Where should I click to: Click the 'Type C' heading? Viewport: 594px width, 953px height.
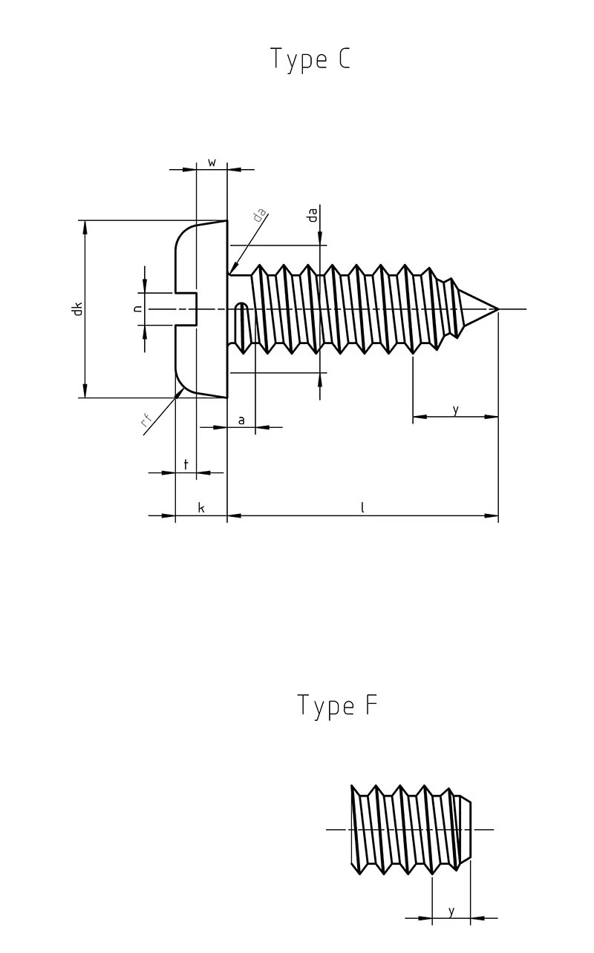310,59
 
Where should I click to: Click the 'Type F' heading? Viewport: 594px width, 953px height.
337,705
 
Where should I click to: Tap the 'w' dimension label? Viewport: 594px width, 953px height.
212,162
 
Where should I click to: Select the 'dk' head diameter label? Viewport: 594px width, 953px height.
76,309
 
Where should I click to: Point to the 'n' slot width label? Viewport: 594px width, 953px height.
137,309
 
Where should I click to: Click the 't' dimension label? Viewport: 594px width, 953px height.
186,464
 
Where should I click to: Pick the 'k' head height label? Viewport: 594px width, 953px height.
200,508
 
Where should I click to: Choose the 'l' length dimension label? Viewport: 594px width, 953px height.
362,508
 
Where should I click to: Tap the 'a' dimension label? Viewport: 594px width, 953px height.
241,420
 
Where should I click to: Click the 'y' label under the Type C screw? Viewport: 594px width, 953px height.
455,409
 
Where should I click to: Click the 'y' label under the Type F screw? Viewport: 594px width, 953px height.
451,911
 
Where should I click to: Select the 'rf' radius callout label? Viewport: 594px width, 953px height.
147,423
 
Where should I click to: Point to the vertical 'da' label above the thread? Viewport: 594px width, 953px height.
313,214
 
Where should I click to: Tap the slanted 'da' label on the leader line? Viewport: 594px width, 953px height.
258,216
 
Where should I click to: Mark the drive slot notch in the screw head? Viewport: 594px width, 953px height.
186,309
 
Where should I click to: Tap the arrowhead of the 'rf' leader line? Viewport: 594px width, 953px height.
180,392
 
